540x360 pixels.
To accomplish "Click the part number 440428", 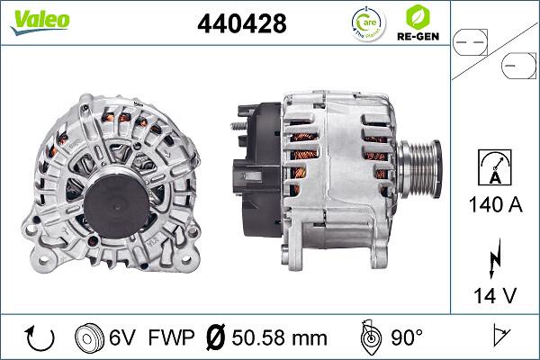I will [241, 24].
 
